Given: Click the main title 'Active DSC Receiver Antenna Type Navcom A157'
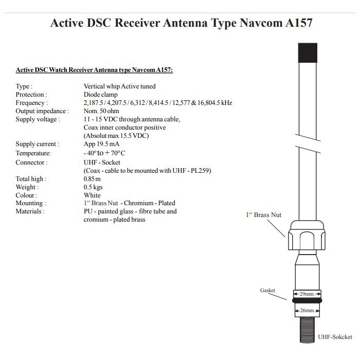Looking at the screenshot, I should point(181,23).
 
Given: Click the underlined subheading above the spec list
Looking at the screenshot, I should point(94,69).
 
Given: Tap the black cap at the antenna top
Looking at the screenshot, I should point(308,53).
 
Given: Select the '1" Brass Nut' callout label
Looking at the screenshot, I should point(263,214).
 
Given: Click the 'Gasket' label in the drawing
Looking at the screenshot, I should point(267,291).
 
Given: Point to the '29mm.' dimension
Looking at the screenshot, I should point(307,294).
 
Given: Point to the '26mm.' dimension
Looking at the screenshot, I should point(307,311).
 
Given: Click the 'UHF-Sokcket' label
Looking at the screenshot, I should point(335,337).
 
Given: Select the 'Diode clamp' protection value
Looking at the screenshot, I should point(101,95).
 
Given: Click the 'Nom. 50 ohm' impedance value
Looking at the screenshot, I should point(101,111).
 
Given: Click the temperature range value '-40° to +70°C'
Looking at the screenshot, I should point(104,153).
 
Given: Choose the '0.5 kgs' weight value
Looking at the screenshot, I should point(93,187).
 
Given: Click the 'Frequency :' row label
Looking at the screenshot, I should point(31,103).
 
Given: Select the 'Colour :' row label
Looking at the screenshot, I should point(26,195).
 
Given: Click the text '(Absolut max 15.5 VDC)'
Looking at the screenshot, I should point(116,136).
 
